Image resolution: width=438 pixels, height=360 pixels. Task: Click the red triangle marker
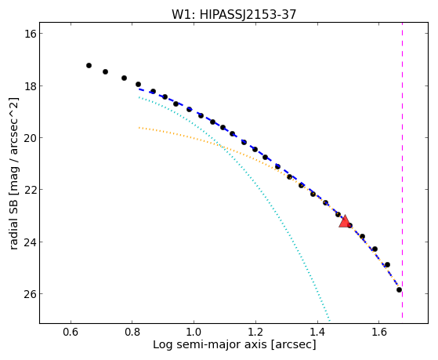pos(345,221)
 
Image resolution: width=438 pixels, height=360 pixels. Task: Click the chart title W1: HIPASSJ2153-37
pos(233,14)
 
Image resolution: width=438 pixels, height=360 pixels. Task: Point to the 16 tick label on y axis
pos(28,34)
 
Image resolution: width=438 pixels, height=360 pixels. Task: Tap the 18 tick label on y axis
pos(28,85)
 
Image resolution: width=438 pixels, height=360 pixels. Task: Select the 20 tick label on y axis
pos(28,138)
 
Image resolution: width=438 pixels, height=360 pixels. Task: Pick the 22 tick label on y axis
pos(28,190)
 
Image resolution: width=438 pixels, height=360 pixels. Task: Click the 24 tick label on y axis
pos(28,242)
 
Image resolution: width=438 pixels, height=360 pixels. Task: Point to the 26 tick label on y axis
pos(28,294)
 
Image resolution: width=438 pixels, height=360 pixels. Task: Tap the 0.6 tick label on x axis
pos(71,333)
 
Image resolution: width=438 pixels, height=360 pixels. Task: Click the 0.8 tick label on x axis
pos(132,333)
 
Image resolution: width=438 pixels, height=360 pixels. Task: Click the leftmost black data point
pos(89,65)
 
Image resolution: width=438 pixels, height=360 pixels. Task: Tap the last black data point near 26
pos(399,289)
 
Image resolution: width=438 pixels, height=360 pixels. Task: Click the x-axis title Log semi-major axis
pos(210,345)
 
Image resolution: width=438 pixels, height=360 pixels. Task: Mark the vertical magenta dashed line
pos(402,170)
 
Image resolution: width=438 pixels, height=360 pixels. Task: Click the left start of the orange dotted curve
pos(139,128)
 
